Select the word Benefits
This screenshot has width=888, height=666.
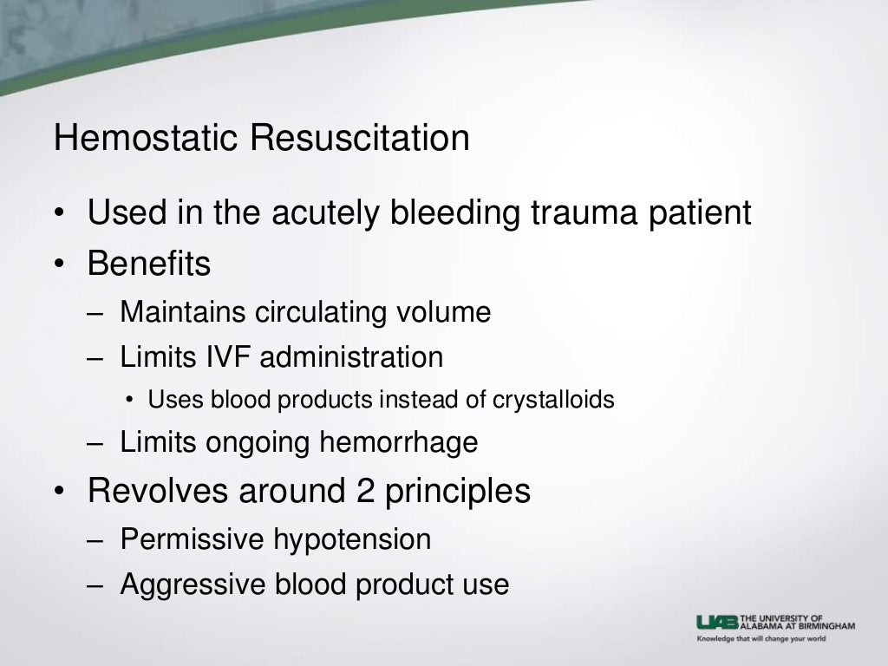click(x=148, y=264)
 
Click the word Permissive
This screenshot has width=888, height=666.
click(x=192, y=539)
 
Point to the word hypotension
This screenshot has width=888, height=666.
click(x=352, y=539)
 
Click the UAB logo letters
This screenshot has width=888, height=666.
click(x=718, y=621)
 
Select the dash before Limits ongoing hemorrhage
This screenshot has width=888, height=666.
click(x=98, y=443)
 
